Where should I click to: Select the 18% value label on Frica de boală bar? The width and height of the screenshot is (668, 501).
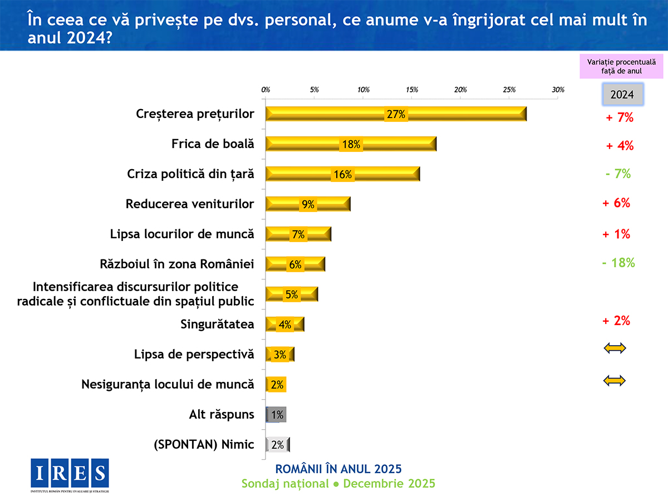tap(351, 144)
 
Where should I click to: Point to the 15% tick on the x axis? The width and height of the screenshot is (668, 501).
tap(412, 90)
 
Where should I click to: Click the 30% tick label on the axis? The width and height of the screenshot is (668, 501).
tap(558, 90)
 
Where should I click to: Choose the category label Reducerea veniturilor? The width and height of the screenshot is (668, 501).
tap(190, 204)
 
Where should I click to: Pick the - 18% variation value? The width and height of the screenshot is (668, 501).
tap(618, 263)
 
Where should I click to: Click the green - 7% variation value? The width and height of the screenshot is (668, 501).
tap(618, 174)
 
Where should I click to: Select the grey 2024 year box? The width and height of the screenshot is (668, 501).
tap(623, 95)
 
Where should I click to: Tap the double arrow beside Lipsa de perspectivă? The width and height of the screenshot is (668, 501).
tap(615, 348)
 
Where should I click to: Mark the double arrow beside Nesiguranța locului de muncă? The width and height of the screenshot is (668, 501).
tap(615, 381)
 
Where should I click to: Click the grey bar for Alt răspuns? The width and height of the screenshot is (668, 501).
tap(277, 415)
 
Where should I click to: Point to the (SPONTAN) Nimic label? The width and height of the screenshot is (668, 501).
tap(204, 445)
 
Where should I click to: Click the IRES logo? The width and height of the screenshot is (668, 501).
tap(70, 473)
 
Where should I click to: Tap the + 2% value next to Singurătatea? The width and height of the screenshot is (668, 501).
tap(616, 321)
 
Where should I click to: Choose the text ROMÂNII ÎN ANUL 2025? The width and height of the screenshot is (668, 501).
tap(338, 468)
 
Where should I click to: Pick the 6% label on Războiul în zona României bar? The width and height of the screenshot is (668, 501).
tap(294, 265)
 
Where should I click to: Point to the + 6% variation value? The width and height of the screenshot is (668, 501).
tap(616, 203)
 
